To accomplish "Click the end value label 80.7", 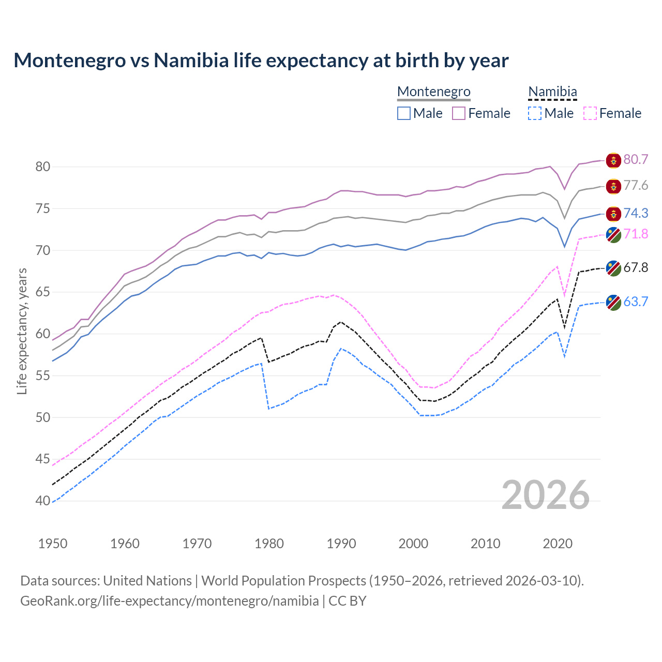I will (636, 159).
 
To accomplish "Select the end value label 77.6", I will (636, 185).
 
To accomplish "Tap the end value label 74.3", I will (636, 213).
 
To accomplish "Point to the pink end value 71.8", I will (636, 234).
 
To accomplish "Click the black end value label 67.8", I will (636, 267).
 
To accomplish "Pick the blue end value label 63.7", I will (636, 302).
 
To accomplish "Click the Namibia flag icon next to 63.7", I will (613, 303).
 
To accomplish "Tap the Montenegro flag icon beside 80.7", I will (613, 160).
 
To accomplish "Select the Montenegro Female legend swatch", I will (459, 113).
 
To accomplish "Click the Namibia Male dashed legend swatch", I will (535, 113).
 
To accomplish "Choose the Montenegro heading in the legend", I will (433, 92).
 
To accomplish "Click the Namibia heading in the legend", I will (552, 92).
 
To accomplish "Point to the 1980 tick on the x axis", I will (269, 544).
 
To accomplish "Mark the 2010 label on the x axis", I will (485, 544).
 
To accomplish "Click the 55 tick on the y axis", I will (43, 375).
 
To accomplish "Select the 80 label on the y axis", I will (43, 167).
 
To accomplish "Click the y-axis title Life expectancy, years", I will (22, 331).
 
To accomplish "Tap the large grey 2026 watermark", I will (545, 495).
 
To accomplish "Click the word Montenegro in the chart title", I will (70, 61).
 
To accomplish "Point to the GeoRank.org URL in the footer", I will (170, 601).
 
